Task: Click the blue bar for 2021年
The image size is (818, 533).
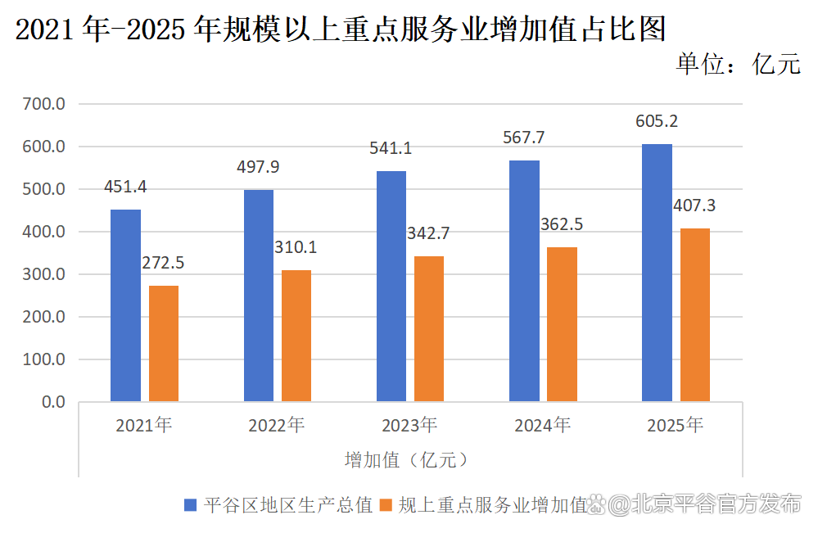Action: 126,305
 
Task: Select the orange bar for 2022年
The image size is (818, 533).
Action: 296,336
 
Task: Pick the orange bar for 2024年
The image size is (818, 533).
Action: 562,324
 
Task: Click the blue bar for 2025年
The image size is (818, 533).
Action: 657,273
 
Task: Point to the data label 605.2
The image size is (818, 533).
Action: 657,122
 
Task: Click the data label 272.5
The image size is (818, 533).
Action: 164,263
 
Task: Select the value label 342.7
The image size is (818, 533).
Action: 429,233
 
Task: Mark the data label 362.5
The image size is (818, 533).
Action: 562,224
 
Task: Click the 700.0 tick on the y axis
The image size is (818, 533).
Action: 44,104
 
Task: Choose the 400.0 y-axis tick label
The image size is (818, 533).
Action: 44,232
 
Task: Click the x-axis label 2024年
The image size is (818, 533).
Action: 542,426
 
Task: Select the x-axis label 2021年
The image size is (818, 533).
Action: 144,426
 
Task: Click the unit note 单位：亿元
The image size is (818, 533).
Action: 738,64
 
